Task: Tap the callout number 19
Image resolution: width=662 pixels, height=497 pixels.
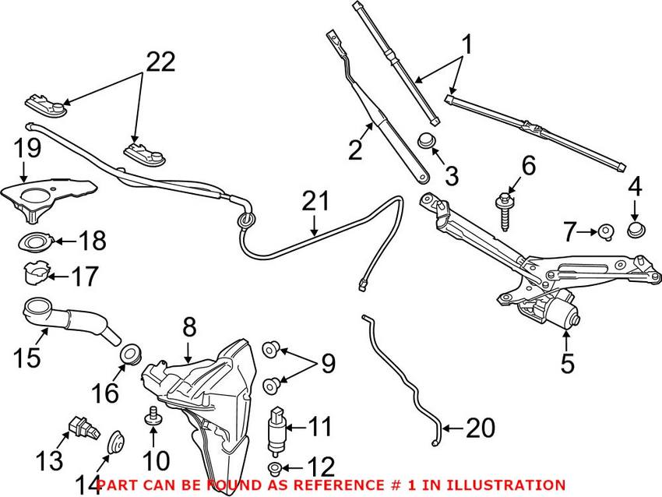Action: pos(26,148)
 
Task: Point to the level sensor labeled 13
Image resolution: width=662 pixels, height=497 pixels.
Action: pos(78,426)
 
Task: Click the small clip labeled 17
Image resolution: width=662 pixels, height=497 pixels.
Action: pos(33,273)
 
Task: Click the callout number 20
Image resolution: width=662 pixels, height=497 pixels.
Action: pos(481,428)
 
